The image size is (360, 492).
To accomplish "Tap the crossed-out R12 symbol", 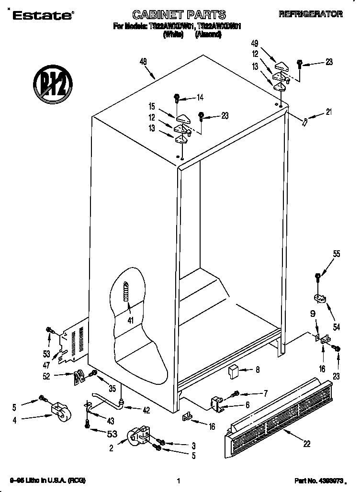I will (x=52, y=83).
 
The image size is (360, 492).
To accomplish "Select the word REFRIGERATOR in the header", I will (x=311, y=14).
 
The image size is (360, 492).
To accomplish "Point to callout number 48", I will (x=143, y=61).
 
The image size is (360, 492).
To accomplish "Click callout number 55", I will (x=337, y=254).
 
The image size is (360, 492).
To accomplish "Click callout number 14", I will (x=200, y=98).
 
